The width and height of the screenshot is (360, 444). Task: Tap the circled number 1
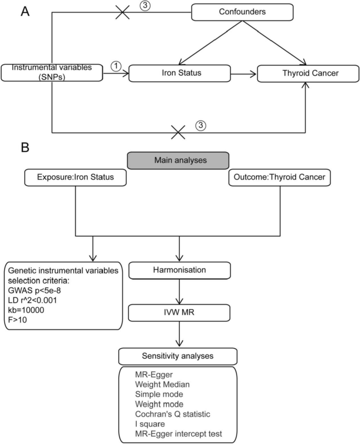[117, 66]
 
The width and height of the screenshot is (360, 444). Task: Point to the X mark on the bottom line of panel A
[179, 132]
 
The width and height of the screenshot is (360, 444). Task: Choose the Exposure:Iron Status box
[77, 178]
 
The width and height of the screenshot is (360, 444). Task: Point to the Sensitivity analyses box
[179, 356]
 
